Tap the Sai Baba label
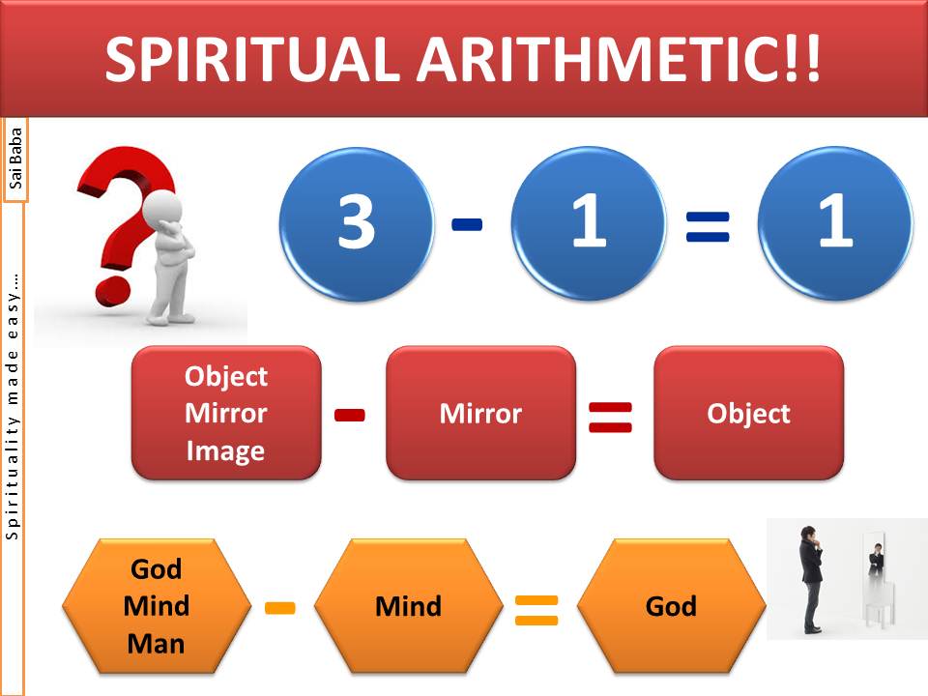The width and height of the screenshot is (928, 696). [15, 159]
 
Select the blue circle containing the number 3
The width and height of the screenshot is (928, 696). [357, 223]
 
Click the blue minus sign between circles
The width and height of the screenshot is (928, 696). [467, 224]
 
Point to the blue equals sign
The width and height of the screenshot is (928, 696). [708, 227]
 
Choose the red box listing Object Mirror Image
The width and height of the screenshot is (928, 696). [226, 413]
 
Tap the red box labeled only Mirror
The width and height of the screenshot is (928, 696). [480, 413]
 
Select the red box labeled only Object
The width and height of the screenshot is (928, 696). [748, 413]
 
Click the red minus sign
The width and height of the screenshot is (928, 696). [350, 415]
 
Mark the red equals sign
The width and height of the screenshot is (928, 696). [610, 418]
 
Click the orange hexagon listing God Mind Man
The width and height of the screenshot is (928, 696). [157, 606]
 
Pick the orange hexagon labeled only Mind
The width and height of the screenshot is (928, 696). [408, 606]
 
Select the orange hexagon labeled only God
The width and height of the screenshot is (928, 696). [671, 606]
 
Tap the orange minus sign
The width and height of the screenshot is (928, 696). [280, 608]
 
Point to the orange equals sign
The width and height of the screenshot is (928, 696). [536, 610]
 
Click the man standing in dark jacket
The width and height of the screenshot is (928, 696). [810, 579]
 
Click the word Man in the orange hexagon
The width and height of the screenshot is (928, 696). [156, 644]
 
